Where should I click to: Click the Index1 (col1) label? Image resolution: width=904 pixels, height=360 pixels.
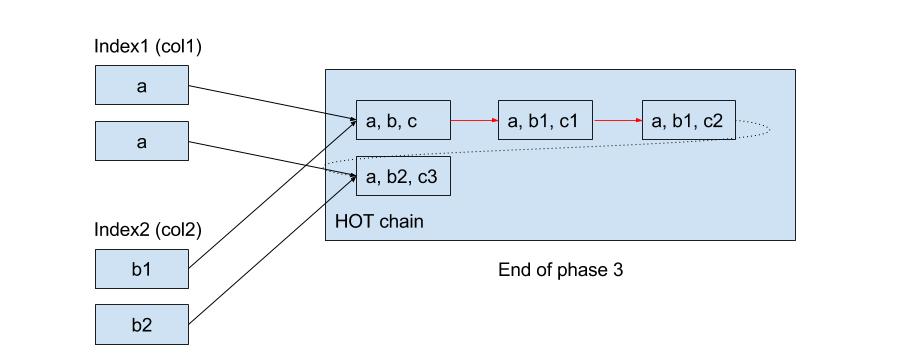coord(149,46)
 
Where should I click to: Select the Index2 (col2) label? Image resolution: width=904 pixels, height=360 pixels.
coord(149,229)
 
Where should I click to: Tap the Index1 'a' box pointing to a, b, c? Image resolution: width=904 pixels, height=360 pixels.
coord(141,86)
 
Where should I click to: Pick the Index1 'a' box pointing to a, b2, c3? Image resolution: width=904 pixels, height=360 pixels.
coord(141,142)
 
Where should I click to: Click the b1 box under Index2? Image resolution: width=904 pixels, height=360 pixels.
coord(141,269)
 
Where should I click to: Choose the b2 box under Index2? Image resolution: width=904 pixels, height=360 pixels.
coord(141,325)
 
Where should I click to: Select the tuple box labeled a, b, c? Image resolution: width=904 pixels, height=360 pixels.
coord(403,121)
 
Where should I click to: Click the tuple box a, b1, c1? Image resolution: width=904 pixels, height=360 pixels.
coord(545,121)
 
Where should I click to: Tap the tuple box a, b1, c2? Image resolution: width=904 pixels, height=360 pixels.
coord(689,121)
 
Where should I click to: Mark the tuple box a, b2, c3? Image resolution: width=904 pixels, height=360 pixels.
coord(403,177)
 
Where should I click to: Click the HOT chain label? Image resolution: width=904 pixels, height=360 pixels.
coord(380,221)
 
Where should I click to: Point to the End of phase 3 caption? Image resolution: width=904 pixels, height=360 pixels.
coord(561,270)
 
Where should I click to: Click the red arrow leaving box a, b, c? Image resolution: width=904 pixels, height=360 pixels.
coord(474,121)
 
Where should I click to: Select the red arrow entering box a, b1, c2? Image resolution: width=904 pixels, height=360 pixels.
coord(617,121)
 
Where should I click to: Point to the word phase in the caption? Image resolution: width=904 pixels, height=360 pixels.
coord(583,271)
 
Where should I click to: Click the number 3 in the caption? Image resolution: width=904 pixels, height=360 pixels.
coord(619,270)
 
